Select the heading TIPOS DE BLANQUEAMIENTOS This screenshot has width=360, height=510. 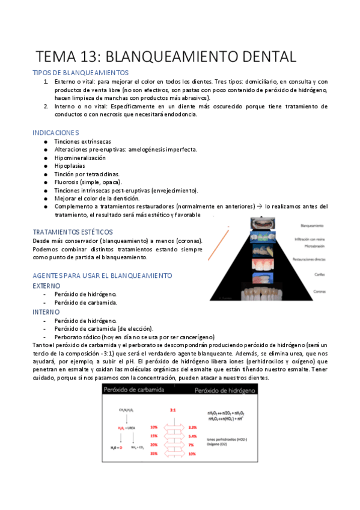coord(79,73)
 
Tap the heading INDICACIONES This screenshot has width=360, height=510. coord(55,132)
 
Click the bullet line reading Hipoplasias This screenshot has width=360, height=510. coord(70,165)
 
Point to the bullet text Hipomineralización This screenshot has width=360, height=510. coord(80,158)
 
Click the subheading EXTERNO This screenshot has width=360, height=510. coord(46,286)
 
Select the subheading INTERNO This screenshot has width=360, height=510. coord(46,312)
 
